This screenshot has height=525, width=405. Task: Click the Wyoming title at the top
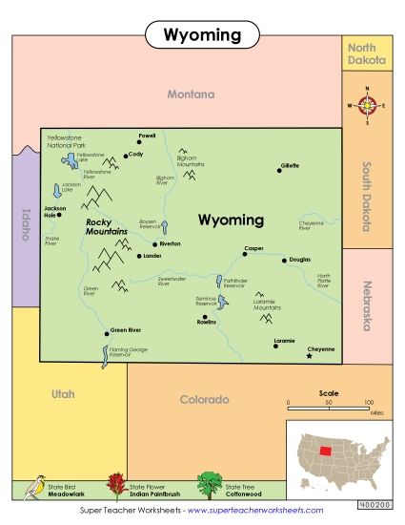tap(201, 35)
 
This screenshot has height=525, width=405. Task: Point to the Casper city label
tap(253, 248)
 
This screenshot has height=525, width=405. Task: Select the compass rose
tap(368, 106)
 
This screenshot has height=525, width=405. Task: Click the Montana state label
tap(191, 94)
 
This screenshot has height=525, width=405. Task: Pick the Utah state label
tap(64, 394)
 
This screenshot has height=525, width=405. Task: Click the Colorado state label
tap(205, 399)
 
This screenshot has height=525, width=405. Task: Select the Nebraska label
tap(365, 304)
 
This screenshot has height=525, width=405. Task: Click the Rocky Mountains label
tap(105, 226)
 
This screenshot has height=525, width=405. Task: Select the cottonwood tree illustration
tap(209, 485)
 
